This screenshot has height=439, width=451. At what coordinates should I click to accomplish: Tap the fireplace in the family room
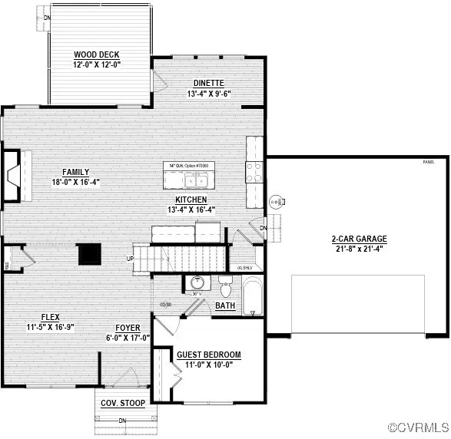point(13,176)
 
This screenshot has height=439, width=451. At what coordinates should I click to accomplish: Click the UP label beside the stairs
point(128,258)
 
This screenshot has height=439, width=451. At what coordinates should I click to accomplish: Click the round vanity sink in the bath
point(197,282)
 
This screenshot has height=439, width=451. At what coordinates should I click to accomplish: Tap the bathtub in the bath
point(252,298)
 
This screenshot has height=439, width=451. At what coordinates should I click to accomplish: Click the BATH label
point(225,306)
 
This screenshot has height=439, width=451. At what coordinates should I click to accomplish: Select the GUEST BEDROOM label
point(209,355)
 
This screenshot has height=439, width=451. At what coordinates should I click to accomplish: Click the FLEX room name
point(51,317)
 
